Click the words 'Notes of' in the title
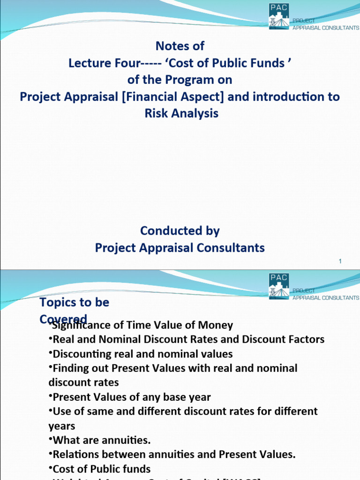pyautogui.click(x=180, y=46)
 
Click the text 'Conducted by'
pyautogui.click(x=180, y=231)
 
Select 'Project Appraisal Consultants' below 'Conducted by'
pyautogui.click(x=180, y=247)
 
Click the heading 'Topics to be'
pyautogui.click(x=75, y=302)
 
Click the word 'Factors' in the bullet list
pyautogui.click(x=304, y=339)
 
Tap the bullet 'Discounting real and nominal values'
pyautogui.click(x=142, y=353)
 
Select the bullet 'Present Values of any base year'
pyautogui.click(x=132, y=397)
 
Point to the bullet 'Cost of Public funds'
pyautogui.click(x=102, y=469)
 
